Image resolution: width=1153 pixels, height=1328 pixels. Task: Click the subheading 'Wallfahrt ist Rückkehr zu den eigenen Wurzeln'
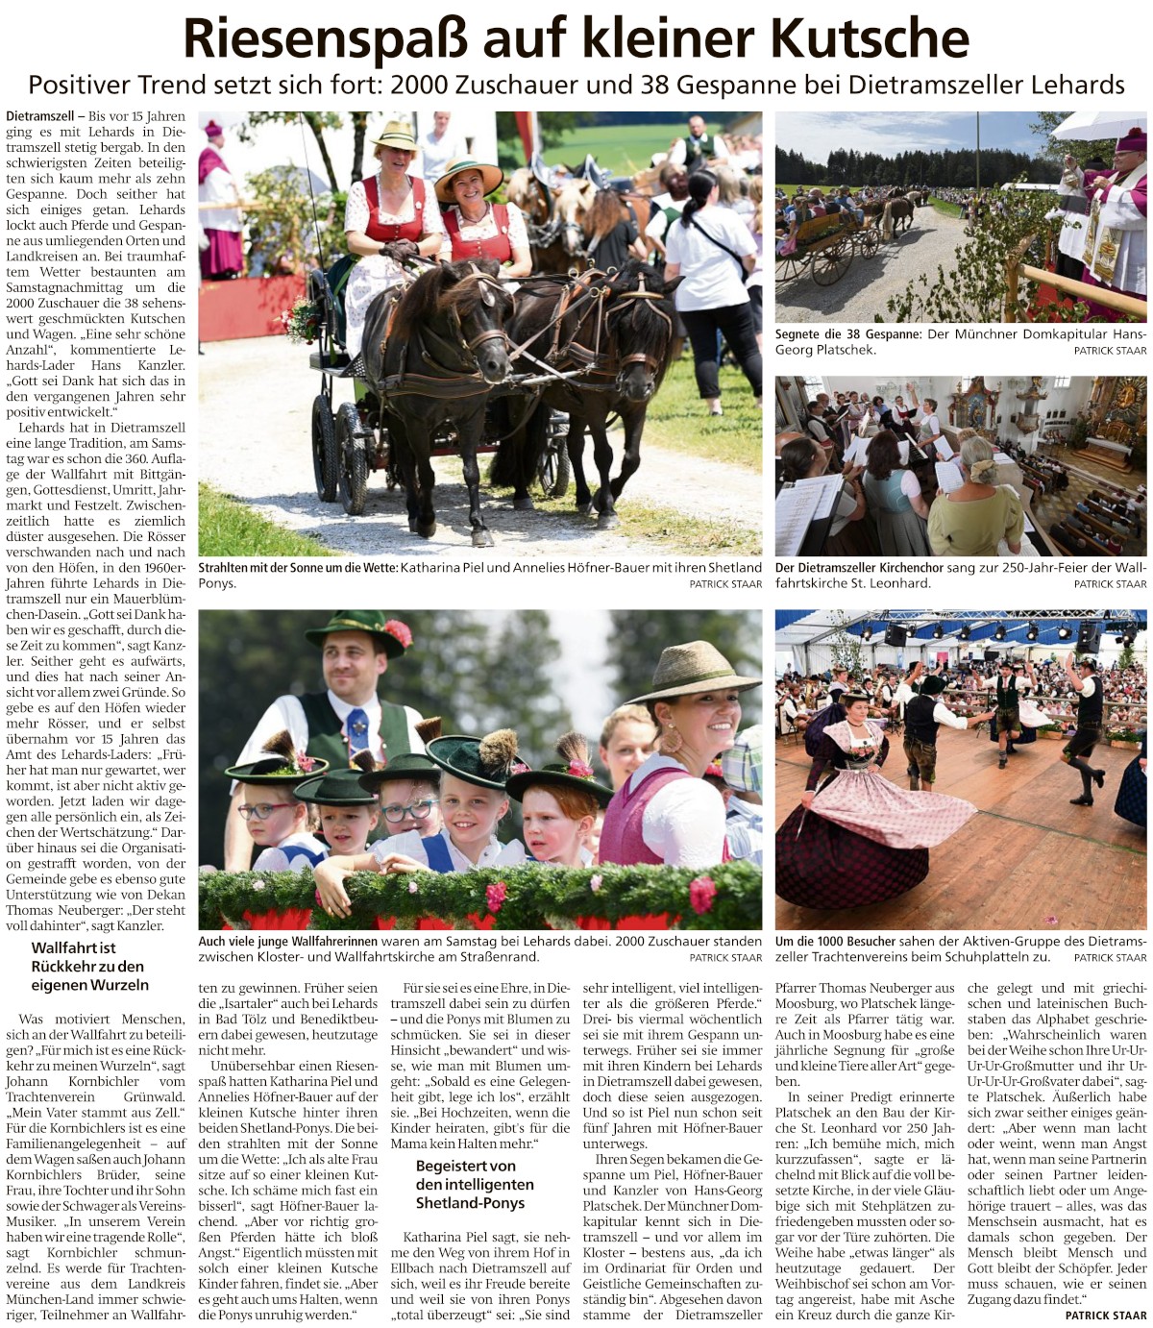[x=87, y=966]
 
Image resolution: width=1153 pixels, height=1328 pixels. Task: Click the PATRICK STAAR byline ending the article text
[x=1105, y=1316]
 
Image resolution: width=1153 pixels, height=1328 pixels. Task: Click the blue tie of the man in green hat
[x=357, y=731]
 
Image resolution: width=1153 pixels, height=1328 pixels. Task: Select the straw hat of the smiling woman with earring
[x=695, y=671]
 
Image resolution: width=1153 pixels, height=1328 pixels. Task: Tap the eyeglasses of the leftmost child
[x=262, y=810]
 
